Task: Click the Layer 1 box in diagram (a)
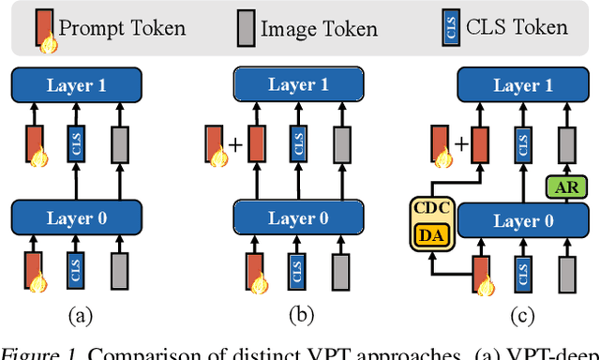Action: pos(77,86)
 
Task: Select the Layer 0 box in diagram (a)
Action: pos(77,219)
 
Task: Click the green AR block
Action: pos(563,186)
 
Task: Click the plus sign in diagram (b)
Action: pos(233,145)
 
